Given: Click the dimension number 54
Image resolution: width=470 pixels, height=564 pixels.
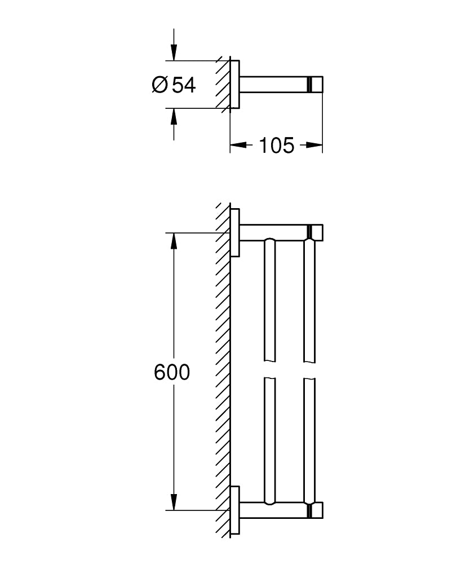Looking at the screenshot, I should (184, 85).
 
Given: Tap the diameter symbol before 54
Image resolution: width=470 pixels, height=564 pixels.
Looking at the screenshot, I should (159, 85).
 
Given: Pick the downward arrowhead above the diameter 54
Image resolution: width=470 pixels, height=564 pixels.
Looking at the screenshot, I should (174, 54).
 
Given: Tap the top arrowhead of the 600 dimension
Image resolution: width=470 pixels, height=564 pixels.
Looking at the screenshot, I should (174, 241).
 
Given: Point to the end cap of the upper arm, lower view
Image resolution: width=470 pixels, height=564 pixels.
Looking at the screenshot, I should (316, 232).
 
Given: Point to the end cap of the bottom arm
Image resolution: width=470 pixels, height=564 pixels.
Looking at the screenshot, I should (316, 510).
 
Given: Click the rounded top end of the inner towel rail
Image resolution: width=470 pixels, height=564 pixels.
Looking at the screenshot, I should (269, 244).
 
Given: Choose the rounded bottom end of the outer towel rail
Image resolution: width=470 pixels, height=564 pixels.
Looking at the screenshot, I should (309, 499).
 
